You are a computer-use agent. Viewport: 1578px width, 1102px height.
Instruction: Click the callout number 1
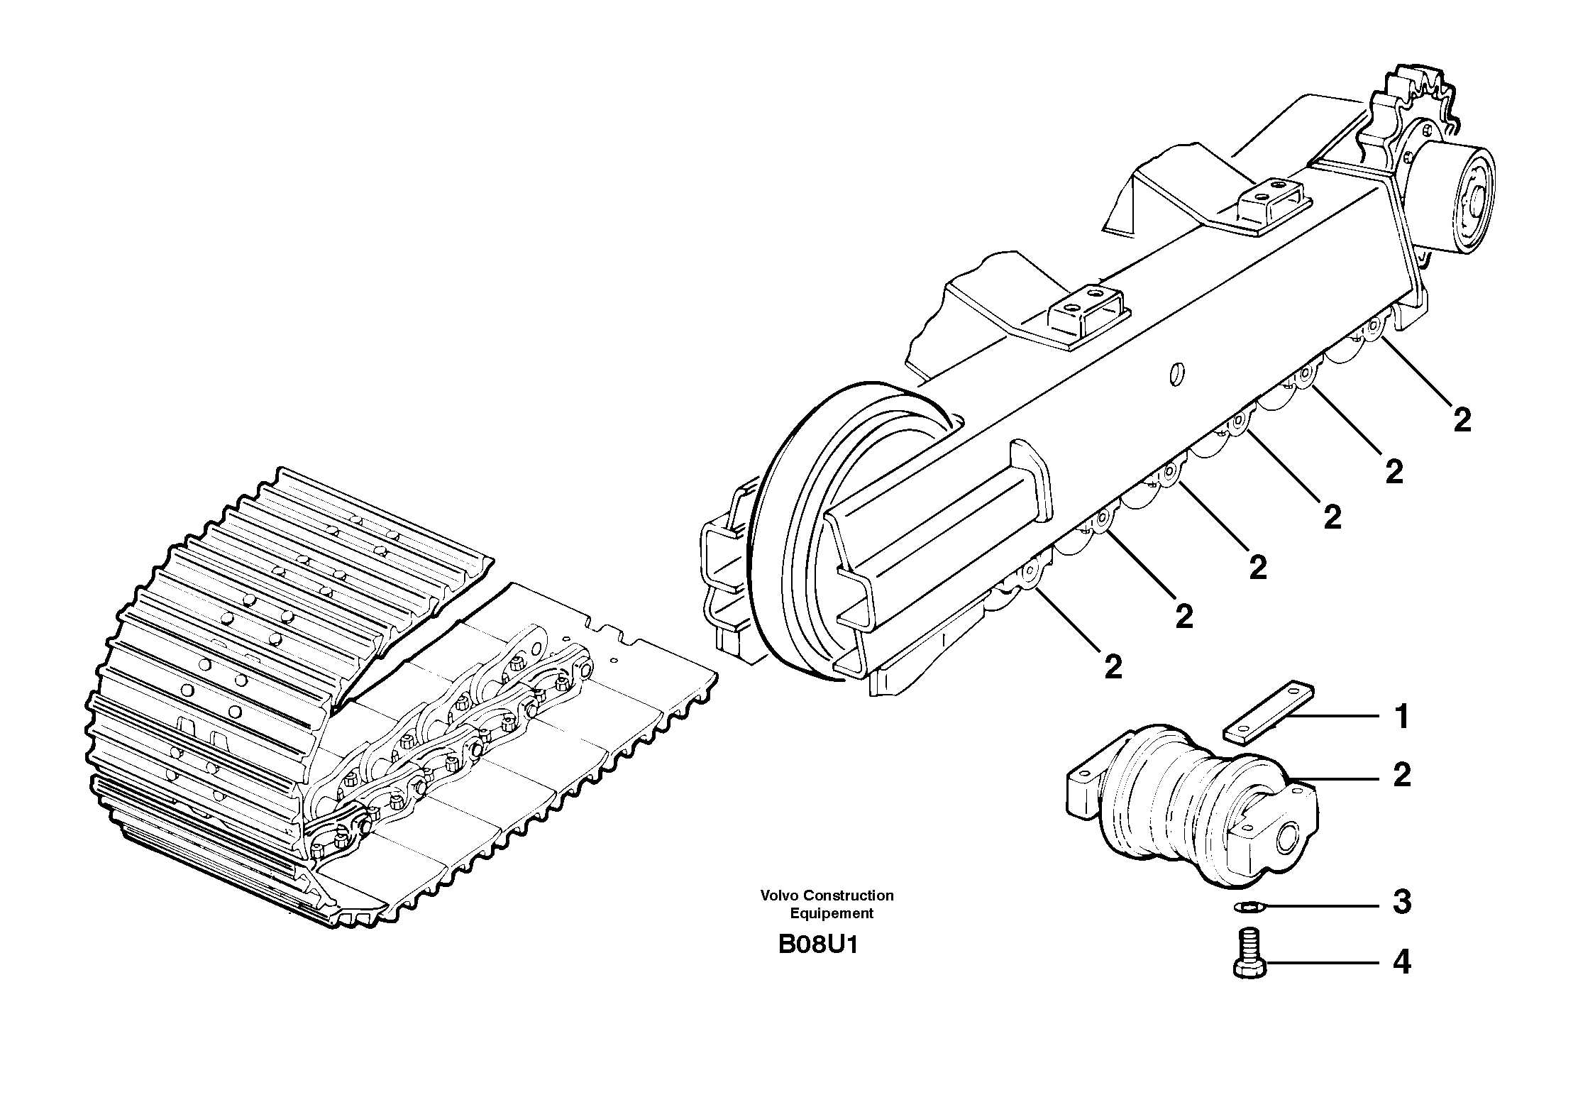(1401, 717)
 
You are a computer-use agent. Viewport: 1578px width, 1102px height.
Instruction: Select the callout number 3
(1401, 903)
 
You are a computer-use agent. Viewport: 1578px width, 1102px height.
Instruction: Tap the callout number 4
(1401, 963)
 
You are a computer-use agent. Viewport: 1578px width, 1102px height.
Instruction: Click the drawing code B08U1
(818, 946)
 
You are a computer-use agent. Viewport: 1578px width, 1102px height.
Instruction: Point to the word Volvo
(779, 896)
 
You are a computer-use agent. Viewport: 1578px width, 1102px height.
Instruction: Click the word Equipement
(832, 914)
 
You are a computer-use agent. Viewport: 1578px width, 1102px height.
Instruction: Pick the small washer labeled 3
(1245, 906)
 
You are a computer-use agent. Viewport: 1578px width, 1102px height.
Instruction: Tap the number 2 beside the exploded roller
(1401, 775)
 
